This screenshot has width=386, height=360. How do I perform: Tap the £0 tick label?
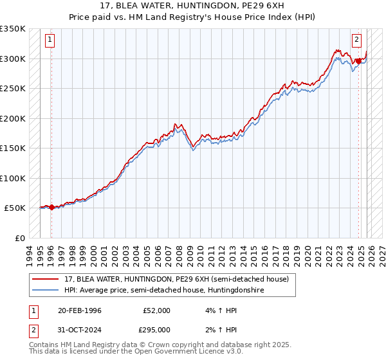pyautogui.click(x=19, y=238)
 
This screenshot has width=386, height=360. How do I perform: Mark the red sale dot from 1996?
pyautogui.click(x=51, y=207)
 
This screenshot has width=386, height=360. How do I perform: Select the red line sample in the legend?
pyautogui.click(x=46, y=279)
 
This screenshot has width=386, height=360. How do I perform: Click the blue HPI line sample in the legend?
pyautogui.click(x=46, y=290)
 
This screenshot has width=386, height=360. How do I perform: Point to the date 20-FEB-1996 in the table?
pyautogui.click(x=79, y=310)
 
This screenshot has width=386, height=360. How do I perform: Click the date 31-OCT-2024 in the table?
pyautogui.click(x=79, y=329)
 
